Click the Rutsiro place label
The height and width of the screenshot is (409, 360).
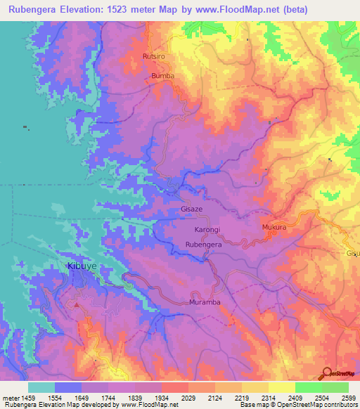point(153,56)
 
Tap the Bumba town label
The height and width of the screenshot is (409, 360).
point(162,75)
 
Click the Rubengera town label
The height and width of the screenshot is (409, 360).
point(204,244)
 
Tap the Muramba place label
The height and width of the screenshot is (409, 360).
point(206,302)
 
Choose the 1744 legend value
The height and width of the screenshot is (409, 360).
point(108,397)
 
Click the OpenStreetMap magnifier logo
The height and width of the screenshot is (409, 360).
point(326,373)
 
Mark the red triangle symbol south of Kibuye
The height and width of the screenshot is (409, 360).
point(77,305)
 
